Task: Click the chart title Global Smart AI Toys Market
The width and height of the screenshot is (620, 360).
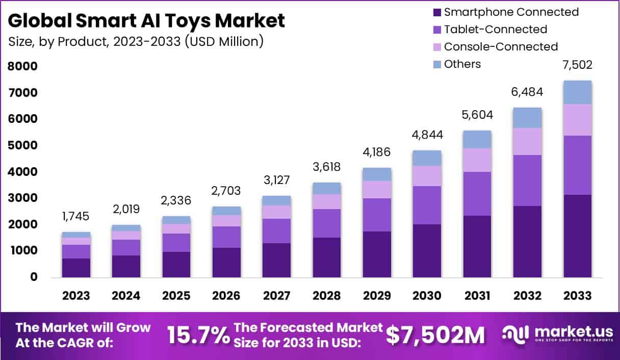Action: point(147,21)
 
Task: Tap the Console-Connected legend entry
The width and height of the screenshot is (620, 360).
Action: point(501,47)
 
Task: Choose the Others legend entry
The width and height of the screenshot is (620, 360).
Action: point(462,64)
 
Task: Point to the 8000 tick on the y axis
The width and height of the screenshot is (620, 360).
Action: point(22,66)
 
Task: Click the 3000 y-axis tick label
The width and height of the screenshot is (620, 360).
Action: point(22,198)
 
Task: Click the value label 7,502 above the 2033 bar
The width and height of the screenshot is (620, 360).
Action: point(577,65)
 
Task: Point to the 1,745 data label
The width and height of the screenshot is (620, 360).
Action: point(76,216)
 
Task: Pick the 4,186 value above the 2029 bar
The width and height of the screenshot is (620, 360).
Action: point(377,152)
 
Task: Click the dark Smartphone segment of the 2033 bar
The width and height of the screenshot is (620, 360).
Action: point(577,236)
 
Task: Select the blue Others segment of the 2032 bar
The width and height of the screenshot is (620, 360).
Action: point(527,118)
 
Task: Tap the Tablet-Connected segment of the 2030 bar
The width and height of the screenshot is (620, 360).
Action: point(427,205)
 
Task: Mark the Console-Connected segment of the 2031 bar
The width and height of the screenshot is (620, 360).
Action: point(477,160)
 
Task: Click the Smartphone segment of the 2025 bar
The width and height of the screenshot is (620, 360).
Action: point(176,264)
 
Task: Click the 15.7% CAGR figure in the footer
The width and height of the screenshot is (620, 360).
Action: point(198,335)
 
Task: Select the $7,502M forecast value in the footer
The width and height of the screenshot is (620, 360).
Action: point(435,335)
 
